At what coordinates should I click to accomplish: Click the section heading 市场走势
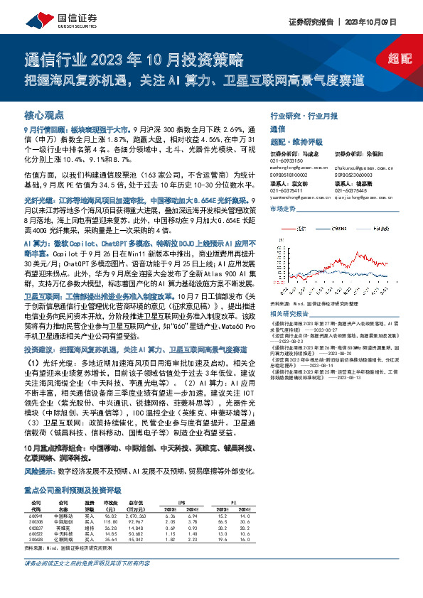(x=282, y=209)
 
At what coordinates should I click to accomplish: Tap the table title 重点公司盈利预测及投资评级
(x=73, y=489)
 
